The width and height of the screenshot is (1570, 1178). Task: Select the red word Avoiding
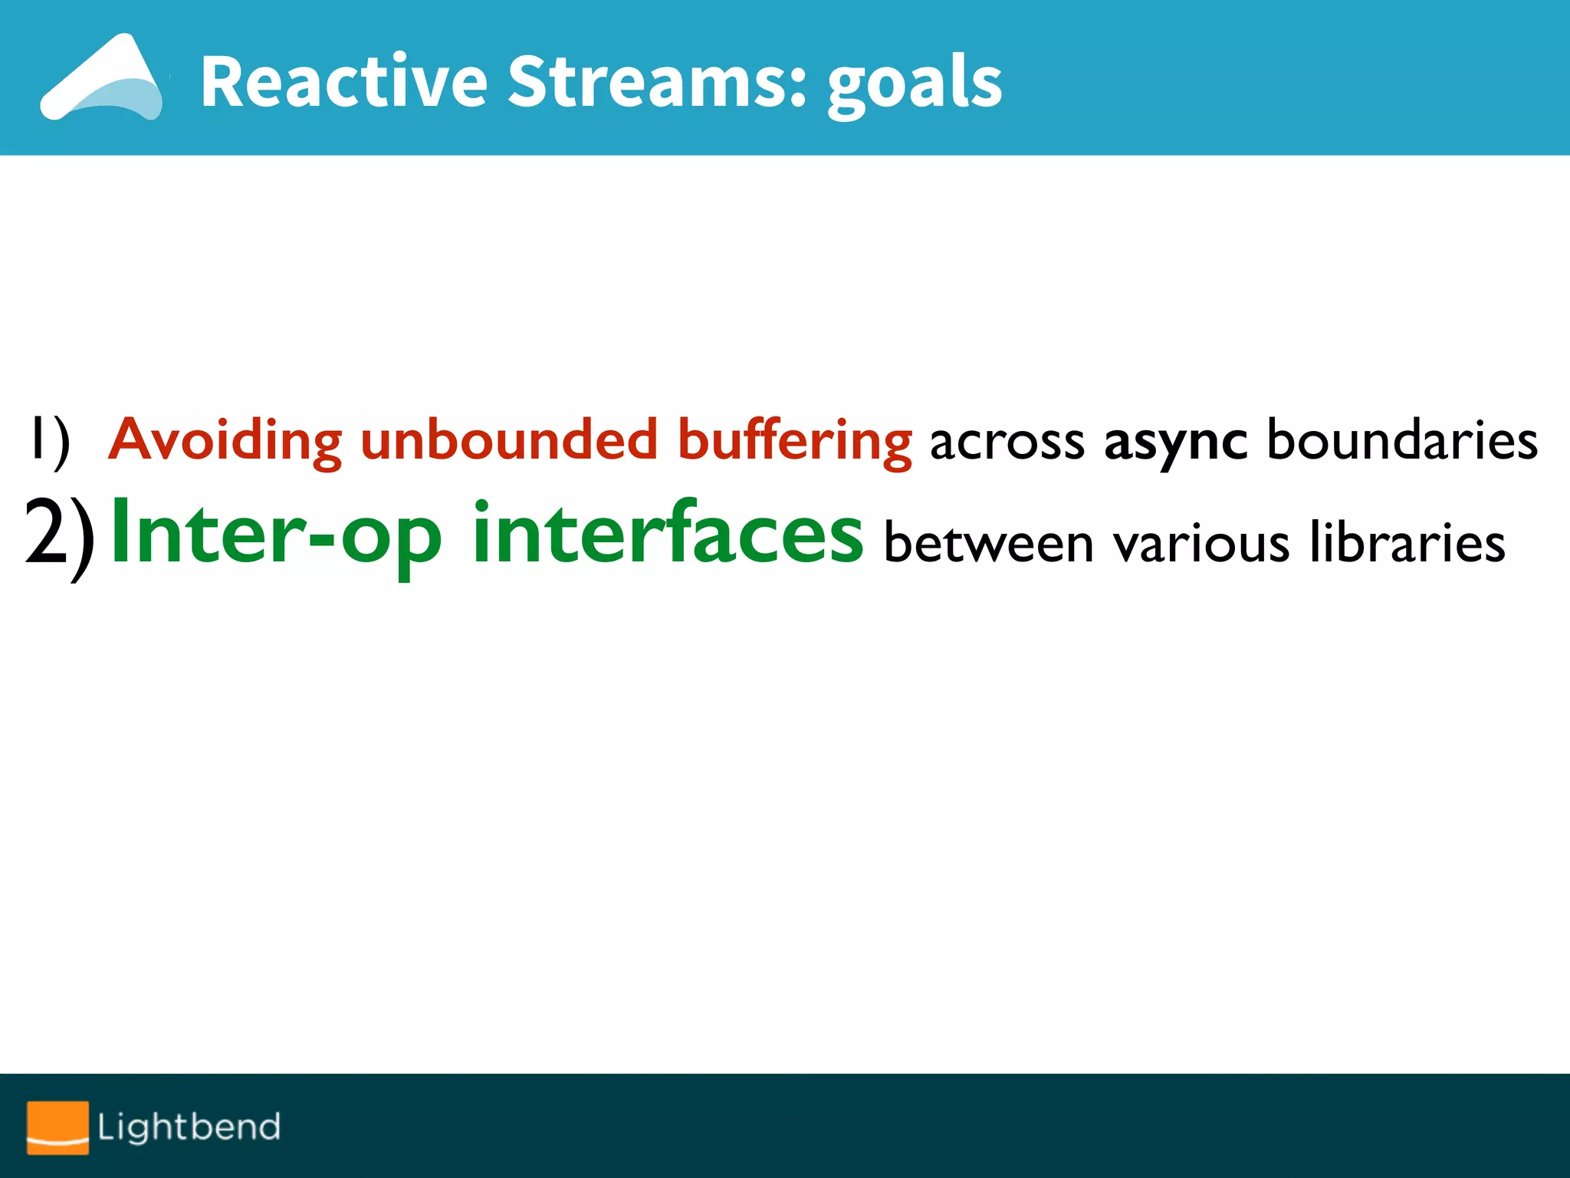pyautogui.click(x=225, y=440)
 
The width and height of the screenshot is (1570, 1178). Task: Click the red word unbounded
pyautogui.click(x=509, y=440)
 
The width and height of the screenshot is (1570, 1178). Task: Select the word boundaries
pyautogui.click(x=1402, y=440)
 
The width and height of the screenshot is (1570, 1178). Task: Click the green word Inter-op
pyautogui.click(x=277, y=533)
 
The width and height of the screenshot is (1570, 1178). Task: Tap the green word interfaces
pyautogui.click(x=668, y=533)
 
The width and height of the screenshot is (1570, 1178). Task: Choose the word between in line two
pyautogui.click(x=989, y=543)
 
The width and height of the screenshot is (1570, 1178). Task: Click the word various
pyautogui.click(x=1201, y=543)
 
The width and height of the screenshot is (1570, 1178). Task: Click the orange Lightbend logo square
pyautogui.click(x=57, y=1127)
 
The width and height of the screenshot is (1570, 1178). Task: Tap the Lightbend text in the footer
pyautogui.click(x=189, y=1127)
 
